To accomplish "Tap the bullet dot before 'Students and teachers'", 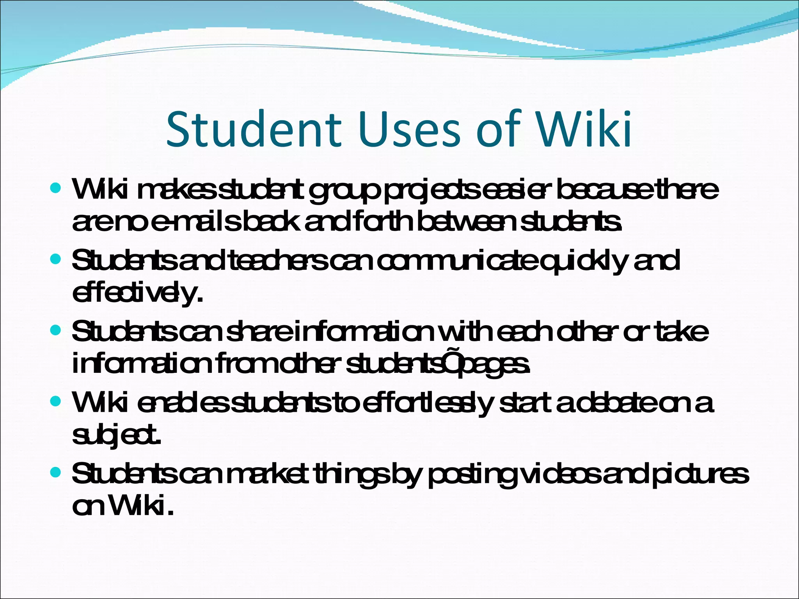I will (x=56, y=259).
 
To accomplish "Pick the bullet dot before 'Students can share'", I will (x=56, y=331).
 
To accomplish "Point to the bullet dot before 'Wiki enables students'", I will (x=56, y=401).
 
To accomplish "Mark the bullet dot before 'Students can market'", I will (x=56, y=473).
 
